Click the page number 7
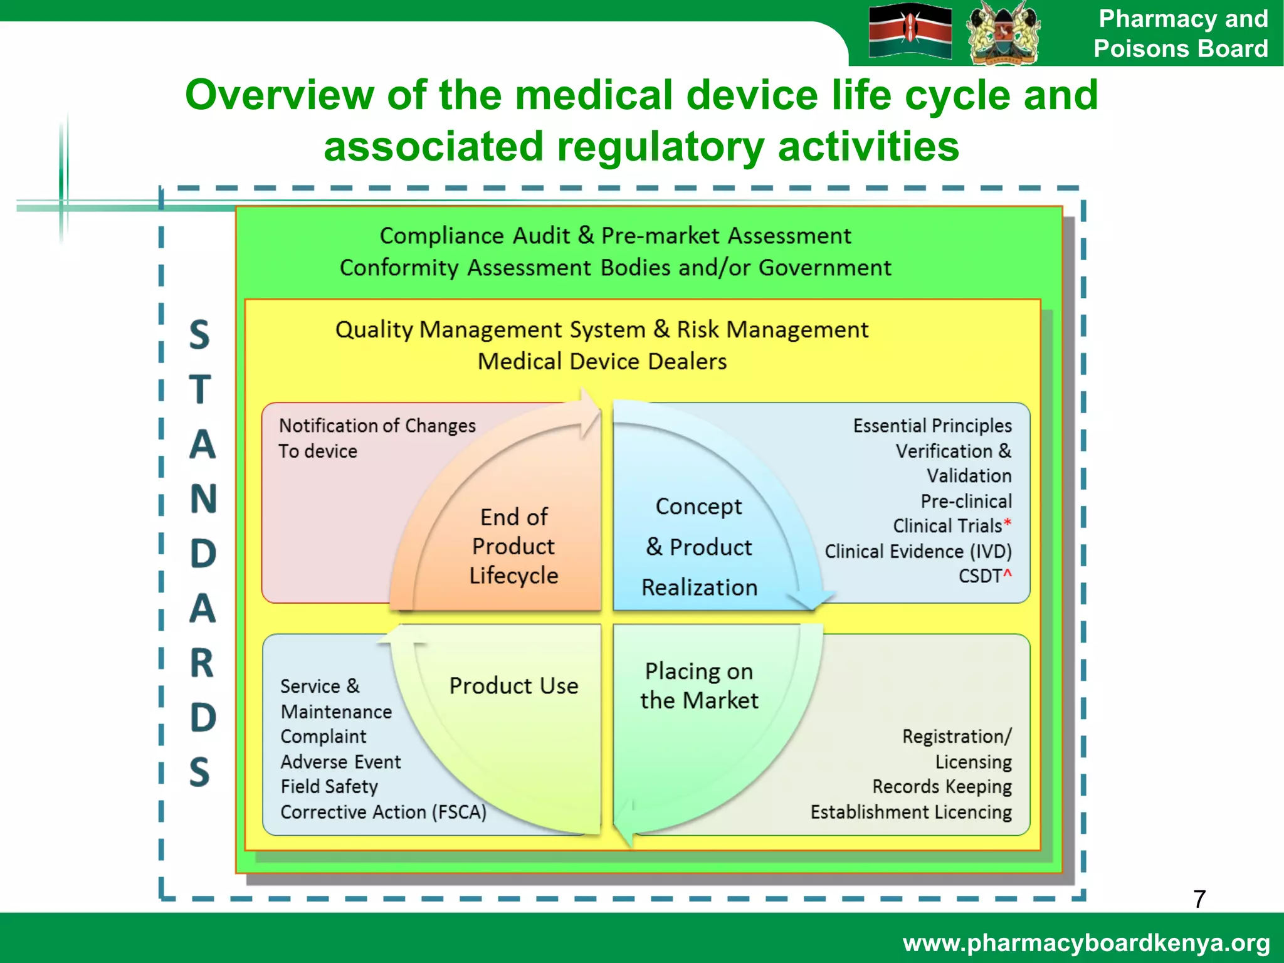[1199, 899]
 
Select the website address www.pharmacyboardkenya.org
[1086, 943]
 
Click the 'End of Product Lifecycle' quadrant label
[513, 546]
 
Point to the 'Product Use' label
[513, 686]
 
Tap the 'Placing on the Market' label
[699, 686]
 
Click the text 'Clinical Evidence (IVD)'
[918, 552]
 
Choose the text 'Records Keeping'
[942, 787]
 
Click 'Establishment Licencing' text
[910, 813]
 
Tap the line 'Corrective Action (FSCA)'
[383, 813]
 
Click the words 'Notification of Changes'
[377, 426]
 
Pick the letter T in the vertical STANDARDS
[201, 390]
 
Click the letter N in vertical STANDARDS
[203, 500]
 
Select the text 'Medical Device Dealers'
[602, 362]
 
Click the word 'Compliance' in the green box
[441, 236]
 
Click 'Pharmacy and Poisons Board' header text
[1181, 34]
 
